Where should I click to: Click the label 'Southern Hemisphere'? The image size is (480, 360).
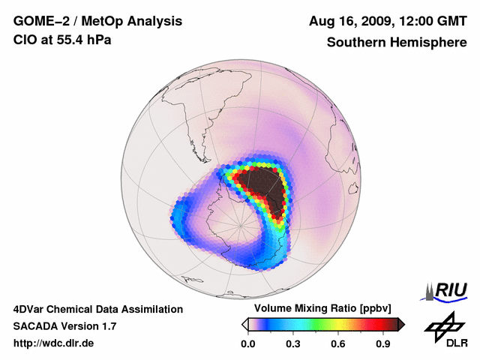coord(396,43)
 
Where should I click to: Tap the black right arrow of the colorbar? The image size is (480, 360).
coord(401,324)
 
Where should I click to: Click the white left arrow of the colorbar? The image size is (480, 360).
coord(244,324)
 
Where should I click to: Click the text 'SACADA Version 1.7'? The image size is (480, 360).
coord(64,326)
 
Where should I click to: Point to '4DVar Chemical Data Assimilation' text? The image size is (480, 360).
coord(97,309)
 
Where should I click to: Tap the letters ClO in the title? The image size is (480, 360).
coord(24,39)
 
